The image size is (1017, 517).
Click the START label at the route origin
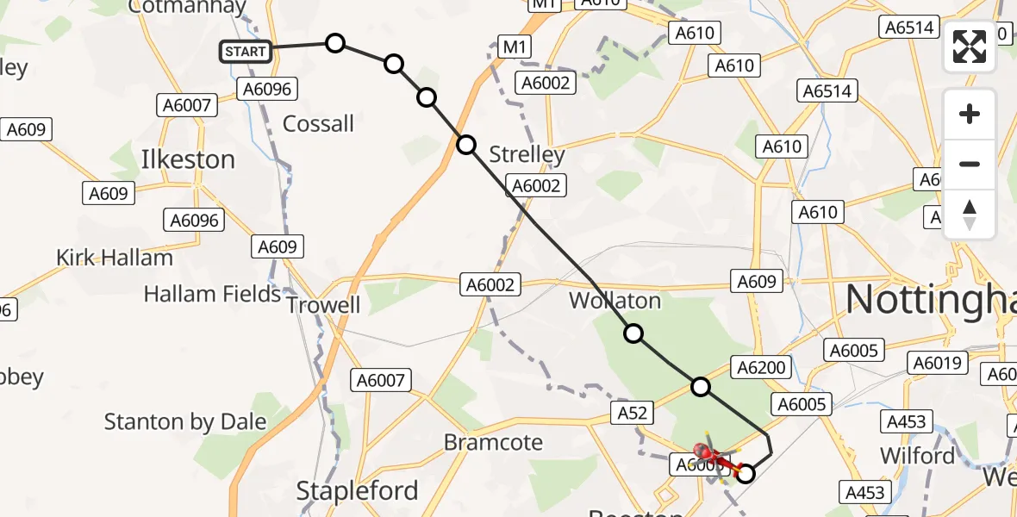coord(246,52)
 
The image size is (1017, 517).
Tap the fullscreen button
coord(970,47)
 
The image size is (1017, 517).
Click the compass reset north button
coord(970,215)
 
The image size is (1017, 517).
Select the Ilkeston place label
coord(188,159)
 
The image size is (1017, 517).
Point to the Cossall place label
coord(318,123)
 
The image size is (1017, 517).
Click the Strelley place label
coord(527,154)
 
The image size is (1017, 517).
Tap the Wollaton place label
coord(615,301)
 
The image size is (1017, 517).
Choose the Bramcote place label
coord(493,443)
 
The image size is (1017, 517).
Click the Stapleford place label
coord(357,491)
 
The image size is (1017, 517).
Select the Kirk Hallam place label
coord(115,257)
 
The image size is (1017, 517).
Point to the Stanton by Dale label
coord(185,421)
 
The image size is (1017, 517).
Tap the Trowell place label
coord(323,305)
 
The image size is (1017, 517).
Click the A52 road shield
coord(632,413)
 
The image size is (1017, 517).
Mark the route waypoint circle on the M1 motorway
coord(466,145)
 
